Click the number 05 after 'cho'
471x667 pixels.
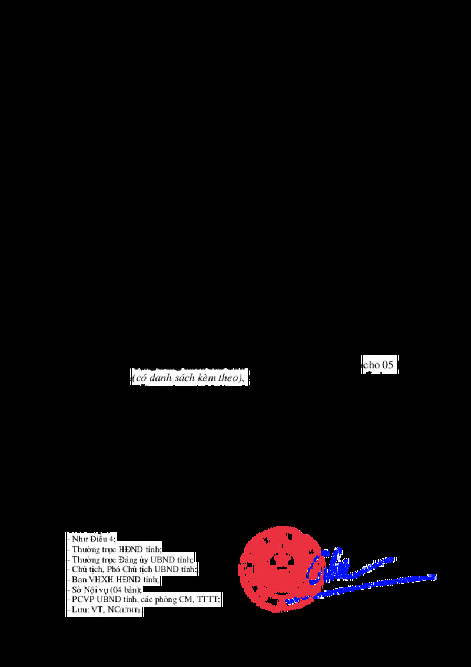tap(386, 365)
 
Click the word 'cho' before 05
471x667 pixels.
tap(371, 365)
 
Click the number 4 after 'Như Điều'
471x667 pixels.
tap(112, 539)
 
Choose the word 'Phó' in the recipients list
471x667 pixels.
tap(114, 569)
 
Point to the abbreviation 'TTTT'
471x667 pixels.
tap(208, 600)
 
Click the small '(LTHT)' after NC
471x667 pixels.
tap(130, 611)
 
